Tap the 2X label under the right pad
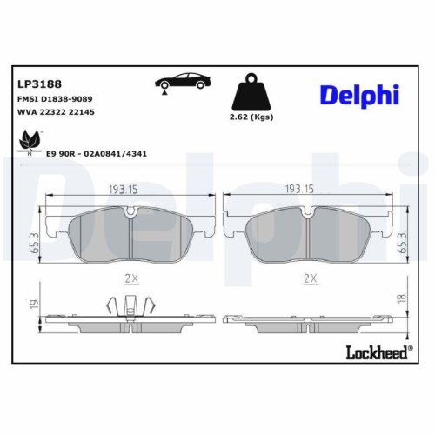[308, 279]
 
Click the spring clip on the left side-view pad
[128, 305]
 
